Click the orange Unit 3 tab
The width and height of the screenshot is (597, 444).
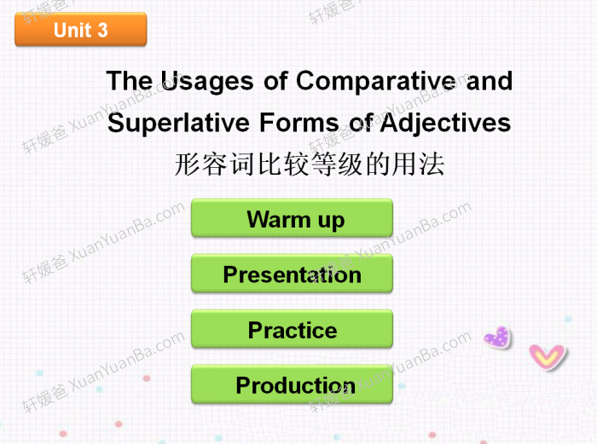click(x=81, y=31)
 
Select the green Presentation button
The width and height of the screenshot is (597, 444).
click(x=292, y=274)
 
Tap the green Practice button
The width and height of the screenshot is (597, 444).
click(x=292, y=330)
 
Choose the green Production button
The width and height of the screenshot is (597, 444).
click(x=292, y=385)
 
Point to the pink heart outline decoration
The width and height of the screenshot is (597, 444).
click(x=547, y=355)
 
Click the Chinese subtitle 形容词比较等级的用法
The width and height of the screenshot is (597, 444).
click(x=309, y=164)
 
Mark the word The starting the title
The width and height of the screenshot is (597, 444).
click(x=130, y=82)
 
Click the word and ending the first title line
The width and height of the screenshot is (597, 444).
click(x=490, y=82)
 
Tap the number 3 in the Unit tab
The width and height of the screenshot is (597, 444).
click(x=102, y=31)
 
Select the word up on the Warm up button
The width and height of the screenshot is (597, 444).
click(x=331, y=221)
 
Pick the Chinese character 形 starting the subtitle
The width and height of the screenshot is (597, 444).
click(x=188, y=164)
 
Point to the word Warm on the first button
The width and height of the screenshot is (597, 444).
click(x=278, y=220)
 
